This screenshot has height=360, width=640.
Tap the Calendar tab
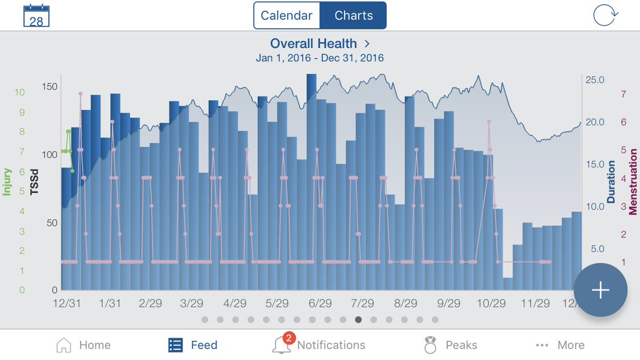tap(286, 15)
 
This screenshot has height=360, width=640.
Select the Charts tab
tap(353, 15)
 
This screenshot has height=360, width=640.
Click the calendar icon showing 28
tap(36, 16)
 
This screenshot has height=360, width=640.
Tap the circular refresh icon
tap(606, 15)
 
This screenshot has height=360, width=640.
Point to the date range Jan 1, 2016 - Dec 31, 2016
tap(319, 58)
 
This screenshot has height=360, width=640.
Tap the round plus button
tap(601, 290)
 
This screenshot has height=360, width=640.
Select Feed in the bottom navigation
tap(193, 345)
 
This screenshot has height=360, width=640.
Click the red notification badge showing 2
tap(289, 338)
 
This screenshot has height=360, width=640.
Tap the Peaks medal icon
tap(430, 345)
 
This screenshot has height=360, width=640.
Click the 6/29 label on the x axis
tap(320, 303)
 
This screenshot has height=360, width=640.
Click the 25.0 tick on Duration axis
tap(595, 80)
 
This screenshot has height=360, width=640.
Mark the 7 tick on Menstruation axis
tap(623, 94)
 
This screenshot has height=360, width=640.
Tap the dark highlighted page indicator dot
tap(358, 320)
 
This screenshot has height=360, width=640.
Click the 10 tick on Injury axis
tap(20, 92)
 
